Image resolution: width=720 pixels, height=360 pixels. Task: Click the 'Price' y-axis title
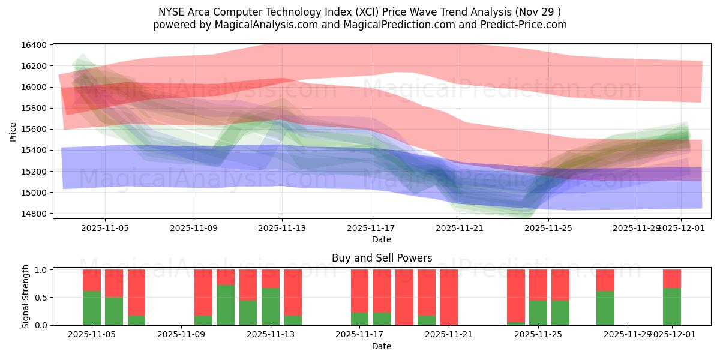tap(13, 131)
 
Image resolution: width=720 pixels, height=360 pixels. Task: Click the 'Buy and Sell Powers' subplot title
tap(382, 259)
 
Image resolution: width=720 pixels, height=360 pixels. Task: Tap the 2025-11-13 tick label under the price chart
tap(282, 228)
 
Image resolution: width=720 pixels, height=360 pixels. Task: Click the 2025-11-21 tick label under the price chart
tap(459, 228)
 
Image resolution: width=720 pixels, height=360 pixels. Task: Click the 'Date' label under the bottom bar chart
tap(382, 346)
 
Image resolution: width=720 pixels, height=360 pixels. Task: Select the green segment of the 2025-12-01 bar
tap(672, 307)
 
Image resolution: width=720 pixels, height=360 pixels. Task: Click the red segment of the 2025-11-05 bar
tap(92, 280)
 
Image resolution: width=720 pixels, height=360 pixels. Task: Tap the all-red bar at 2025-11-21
tap(449, 297)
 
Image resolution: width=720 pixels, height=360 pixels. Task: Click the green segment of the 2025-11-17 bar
tap(359, 319)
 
